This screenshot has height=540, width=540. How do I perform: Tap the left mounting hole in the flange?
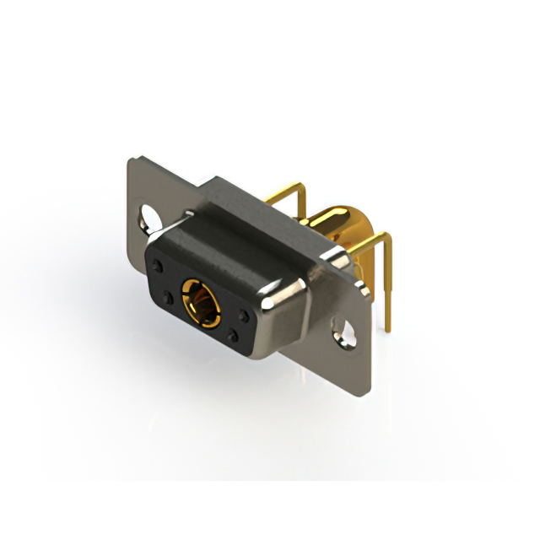pos(154,218)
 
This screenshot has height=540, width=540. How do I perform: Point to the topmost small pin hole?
pos(157,266)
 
